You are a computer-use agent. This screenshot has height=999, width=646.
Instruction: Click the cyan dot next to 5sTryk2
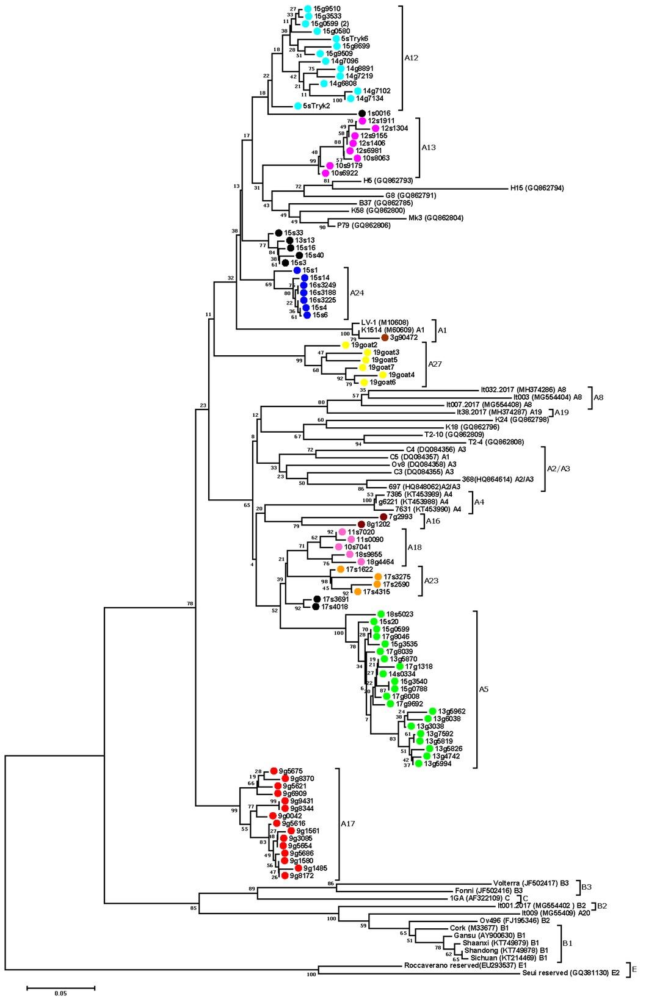(x=298, y=106)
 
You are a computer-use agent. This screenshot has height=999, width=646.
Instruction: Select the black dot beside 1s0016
(x=362, y=113)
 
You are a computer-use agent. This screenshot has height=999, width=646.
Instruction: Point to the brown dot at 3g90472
(x=385, y=337)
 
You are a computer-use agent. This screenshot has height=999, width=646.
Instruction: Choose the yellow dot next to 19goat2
(x=346, y=345)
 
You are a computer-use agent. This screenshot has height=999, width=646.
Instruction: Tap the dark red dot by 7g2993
(x=383, y=516)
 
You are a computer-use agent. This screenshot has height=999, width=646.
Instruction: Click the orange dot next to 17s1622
(x=340, y=569)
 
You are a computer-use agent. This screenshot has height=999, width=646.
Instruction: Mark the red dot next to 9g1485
(x=298, y=868)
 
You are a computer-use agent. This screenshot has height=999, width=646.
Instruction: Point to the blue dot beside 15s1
(x=297, y=270)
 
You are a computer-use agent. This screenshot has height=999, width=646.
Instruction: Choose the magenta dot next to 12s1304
(x=376, y=128)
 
